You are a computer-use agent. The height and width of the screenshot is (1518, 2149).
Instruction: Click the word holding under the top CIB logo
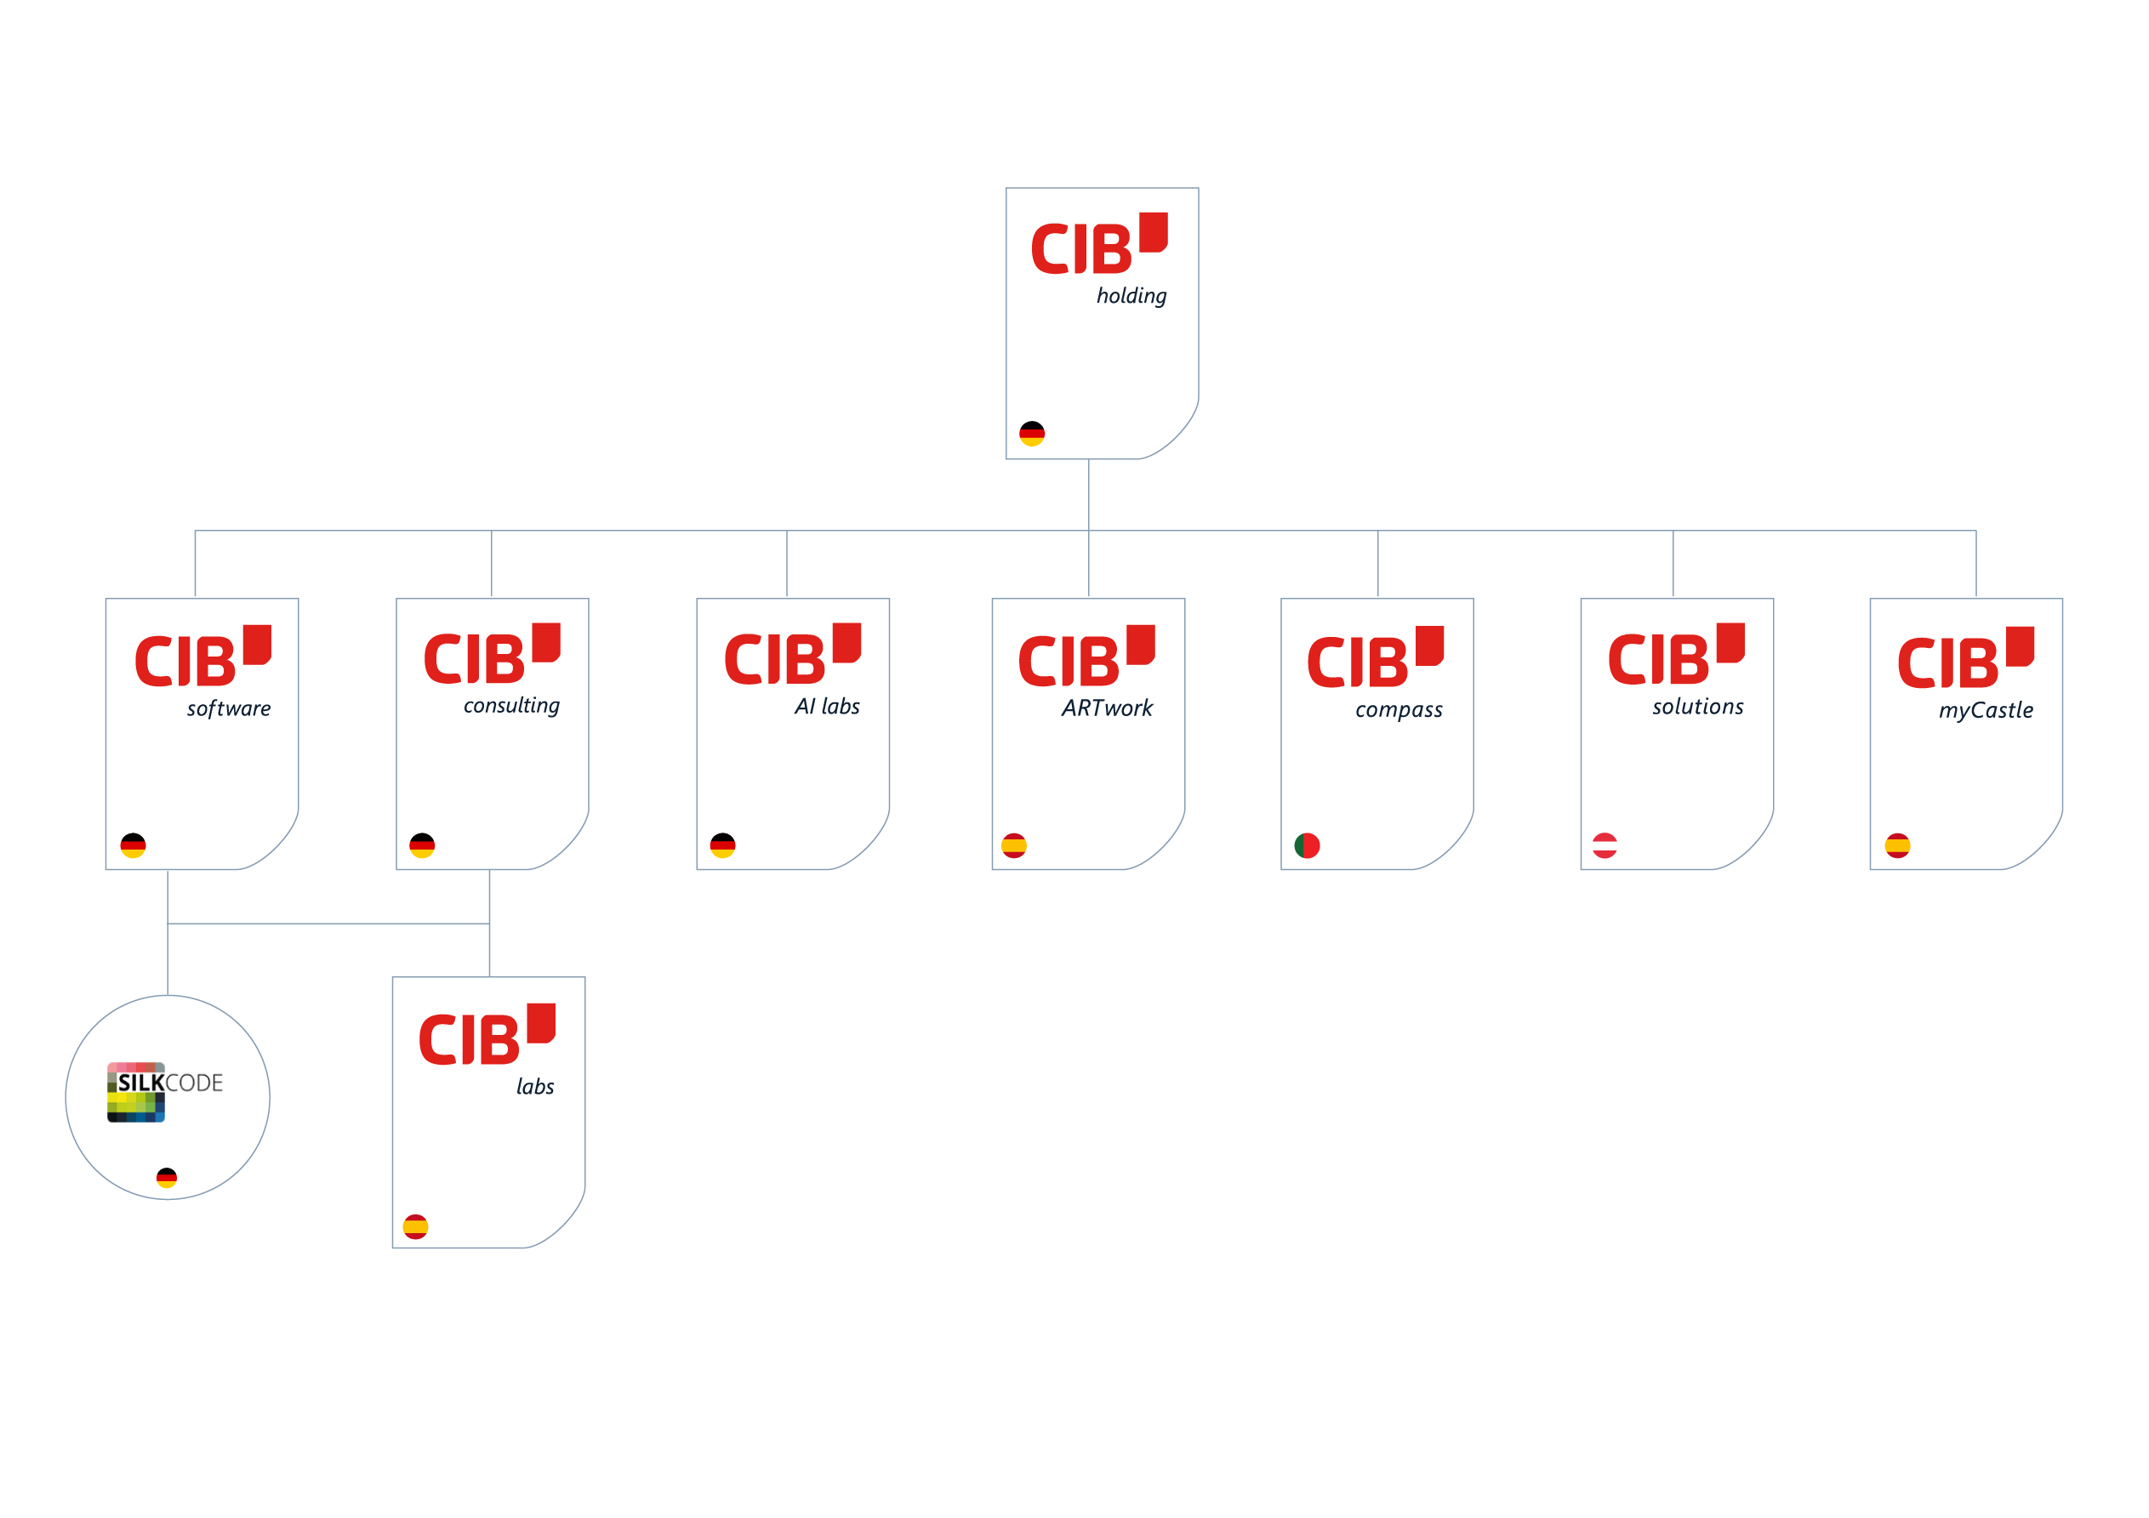tap(1132, 296)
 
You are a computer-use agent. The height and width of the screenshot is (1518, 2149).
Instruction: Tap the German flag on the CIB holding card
tap(1031, 434)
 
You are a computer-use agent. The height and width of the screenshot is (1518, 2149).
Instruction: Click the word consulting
tap(511, 706)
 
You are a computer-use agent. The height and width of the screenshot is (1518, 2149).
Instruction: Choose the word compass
tap(1399, 709)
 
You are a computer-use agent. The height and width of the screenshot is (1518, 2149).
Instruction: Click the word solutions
tap(1698, 707)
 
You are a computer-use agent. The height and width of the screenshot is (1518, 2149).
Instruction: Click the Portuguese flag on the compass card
tap(1307, 846)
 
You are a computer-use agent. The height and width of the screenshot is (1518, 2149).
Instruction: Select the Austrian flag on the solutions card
tap(1605, 846)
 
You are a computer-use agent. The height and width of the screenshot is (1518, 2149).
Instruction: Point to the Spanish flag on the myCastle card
tap(1897, 846)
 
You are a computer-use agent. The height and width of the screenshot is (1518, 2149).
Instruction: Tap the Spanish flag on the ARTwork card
tap(1013, 846)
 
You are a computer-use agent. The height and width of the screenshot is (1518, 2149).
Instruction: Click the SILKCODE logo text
tap(169, 1083)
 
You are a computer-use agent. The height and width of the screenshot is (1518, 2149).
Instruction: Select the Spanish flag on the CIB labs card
tap(415, 1227)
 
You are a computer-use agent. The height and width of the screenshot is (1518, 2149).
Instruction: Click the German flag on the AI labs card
tap(722, 846)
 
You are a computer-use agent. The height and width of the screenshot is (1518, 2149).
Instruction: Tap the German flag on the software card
tap(133, 846)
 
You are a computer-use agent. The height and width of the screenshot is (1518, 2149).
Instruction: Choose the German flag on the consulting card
tap(422, 846)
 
